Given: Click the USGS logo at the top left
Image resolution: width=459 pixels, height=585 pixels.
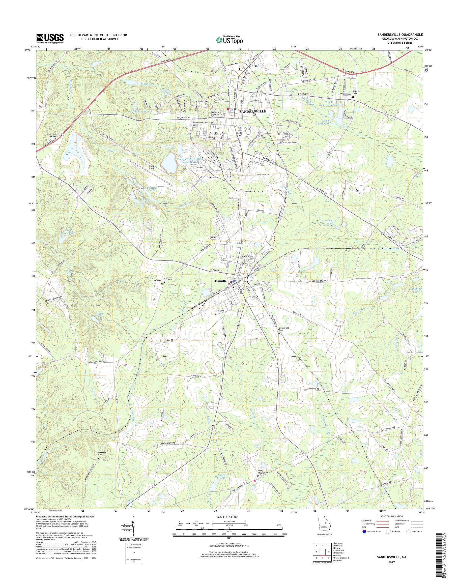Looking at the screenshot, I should click(50, 38).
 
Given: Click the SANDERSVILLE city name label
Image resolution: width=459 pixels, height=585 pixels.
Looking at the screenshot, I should click(252, 111).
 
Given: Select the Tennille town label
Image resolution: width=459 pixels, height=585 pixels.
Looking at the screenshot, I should click(221, 281).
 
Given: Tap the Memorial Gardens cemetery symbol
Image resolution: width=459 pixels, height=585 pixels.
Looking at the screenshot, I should click(49, 140).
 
